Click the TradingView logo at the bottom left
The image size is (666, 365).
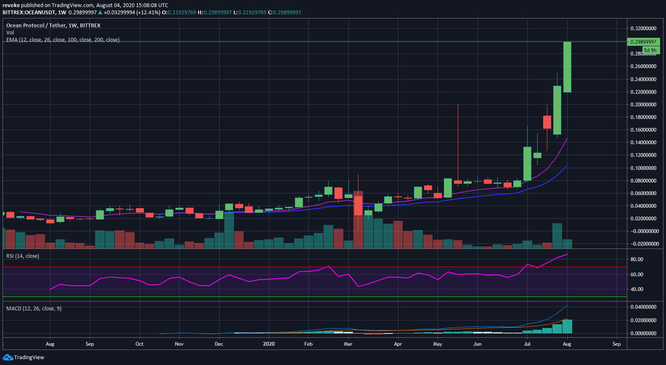click(23, 357)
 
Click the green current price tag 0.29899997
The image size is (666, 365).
click(643, 42)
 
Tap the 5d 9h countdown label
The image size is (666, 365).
click(650, 50)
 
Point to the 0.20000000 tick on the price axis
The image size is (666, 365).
click(643, 104)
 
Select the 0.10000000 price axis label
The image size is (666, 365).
click(643, 168)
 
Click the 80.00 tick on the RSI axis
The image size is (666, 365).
click(637, 259)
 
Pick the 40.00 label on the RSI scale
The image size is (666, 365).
click(637, 289)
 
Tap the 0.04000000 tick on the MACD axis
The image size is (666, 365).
click(643, 307)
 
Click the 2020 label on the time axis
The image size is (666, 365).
click(269, 344)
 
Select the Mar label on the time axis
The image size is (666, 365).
click(348, 344)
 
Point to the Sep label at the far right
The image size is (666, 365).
click(616, 344)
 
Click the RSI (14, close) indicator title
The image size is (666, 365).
click(23, 256)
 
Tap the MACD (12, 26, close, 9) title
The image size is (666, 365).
click(34, 308)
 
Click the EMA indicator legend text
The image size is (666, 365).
click(63, 40)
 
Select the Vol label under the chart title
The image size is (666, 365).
click(10, 33)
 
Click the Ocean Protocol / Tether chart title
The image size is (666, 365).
click(53, 25)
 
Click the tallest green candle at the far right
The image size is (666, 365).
click(567, 67)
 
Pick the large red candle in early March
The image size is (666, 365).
click(358, 205)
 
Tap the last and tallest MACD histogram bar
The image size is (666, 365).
click(567, 326)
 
